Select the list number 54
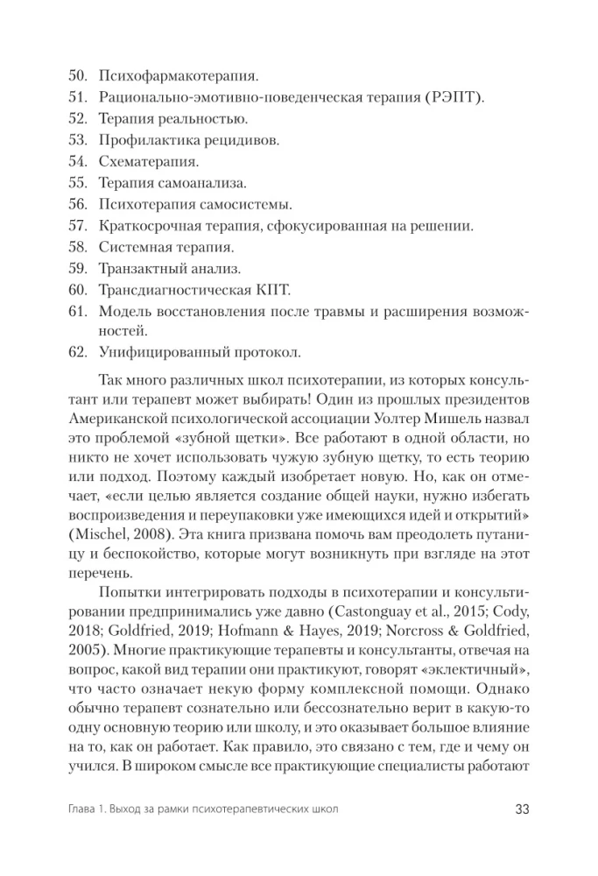(77, 162)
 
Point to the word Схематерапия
(149, 162)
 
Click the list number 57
(77, 226)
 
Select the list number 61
(77, 311)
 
